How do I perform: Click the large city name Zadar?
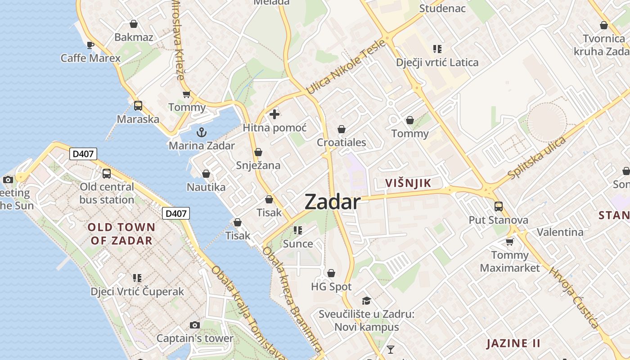(x=333, y=202)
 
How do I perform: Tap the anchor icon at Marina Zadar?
(x=202, y=132)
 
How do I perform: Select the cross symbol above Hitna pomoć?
(x=274, y=114)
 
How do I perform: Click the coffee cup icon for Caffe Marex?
(x=90, y=45)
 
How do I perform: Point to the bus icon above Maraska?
(x=138, y=106)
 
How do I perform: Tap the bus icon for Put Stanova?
(x=499, y=207)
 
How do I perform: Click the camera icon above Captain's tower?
(x=195, y=325)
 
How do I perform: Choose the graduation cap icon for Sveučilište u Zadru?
(x=367, y=300)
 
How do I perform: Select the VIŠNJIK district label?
(x=408, y=183)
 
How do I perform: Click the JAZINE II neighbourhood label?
(x=513, y=344)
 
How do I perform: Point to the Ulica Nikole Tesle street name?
(x=346, y=67)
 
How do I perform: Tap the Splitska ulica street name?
(x=536, y=157)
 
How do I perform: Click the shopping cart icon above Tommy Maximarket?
(x=510, y=242)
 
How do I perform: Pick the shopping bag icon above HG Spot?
(x=331, y=273)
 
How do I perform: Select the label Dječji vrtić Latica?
(x=437, y=63)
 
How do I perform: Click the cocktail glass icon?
(x=390, y=349)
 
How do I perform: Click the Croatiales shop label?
(x=342, y=143)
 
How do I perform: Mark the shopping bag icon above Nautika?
(x=206, y=174)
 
